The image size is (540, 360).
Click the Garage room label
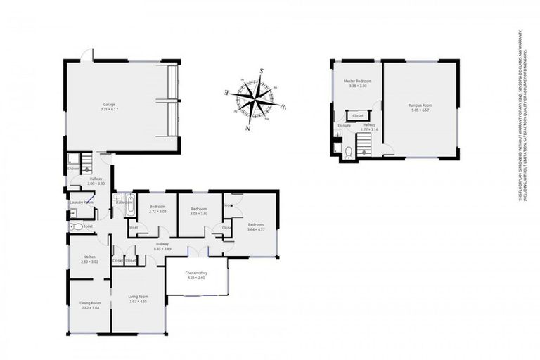click(108, 104)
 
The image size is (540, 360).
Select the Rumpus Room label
click(420, 105)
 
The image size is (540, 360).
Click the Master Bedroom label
click(357, 81)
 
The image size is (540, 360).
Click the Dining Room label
click(90, 303)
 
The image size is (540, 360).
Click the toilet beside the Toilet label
click(75, 227)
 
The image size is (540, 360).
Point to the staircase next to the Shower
click(85, 166)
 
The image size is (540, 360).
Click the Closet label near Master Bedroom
click(357, 115)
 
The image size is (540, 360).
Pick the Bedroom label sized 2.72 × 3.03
click(157, 207)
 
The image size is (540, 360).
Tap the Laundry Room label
click(82, 202)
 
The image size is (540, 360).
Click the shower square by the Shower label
click(74, 159)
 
